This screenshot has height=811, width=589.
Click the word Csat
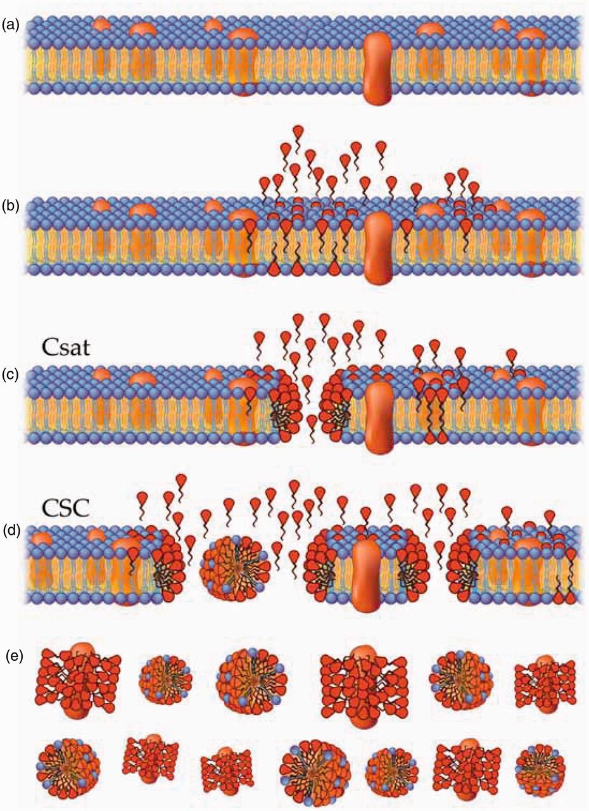[65, 348]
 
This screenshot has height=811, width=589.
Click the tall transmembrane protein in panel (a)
[377, 70]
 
